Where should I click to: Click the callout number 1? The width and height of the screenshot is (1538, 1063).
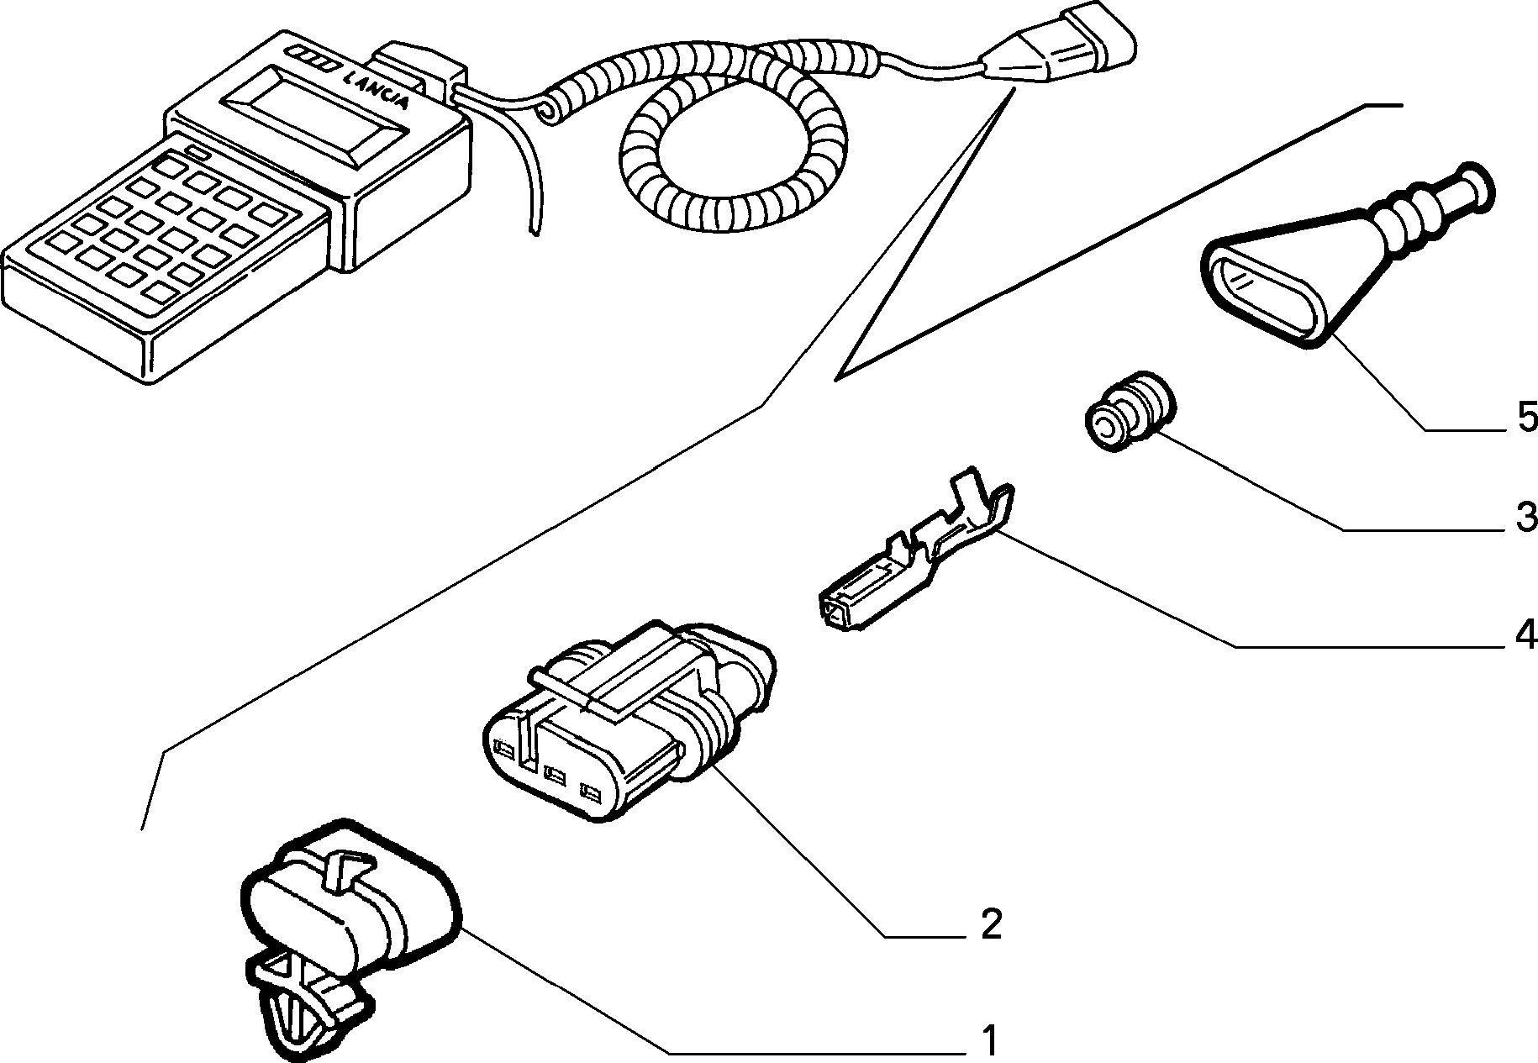tap(991, 1040)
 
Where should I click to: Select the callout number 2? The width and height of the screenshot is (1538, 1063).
tap(992, 924)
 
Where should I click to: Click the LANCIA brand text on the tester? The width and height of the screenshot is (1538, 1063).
tap(377, 90)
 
